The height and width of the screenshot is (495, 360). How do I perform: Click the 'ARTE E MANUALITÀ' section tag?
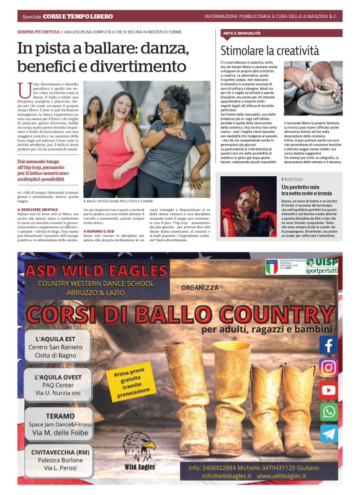pos(243,32)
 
